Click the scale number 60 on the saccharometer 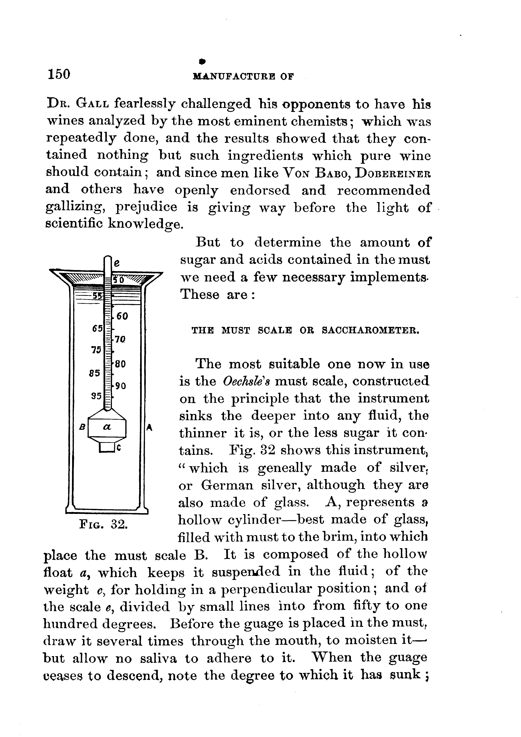click(122, 316)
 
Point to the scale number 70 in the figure click(120, 339)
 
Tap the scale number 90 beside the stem click(121, 386)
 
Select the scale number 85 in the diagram click(95, 373)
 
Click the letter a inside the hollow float click(107, 427)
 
